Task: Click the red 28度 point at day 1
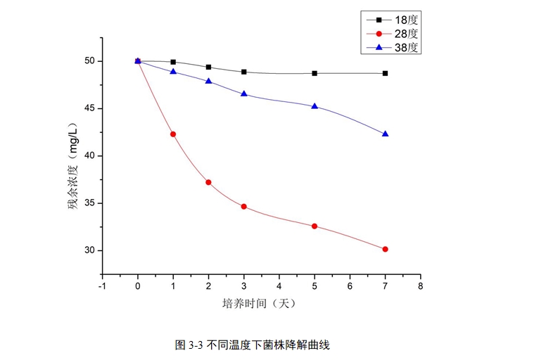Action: point(173,134)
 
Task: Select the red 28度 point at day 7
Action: point(385,249)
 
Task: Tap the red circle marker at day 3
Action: point(243,207)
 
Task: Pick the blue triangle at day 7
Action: point(385,134)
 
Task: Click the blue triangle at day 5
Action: point(315,106)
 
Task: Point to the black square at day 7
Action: point(385,73)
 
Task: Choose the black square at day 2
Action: point(208,67)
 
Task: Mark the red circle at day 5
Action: point(315,226)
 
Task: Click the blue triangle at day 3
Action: point(243,94)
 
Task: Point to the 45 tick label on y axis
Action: point(89,108)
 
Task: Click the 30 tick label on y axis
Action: point(89,250)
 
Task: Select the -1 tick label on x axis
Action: point(102,287)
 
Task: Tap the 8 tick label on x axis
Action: point(420,287)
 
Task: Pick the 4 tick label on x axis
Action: point(279,287)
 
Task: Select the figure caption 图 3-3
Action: point(253,345)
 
